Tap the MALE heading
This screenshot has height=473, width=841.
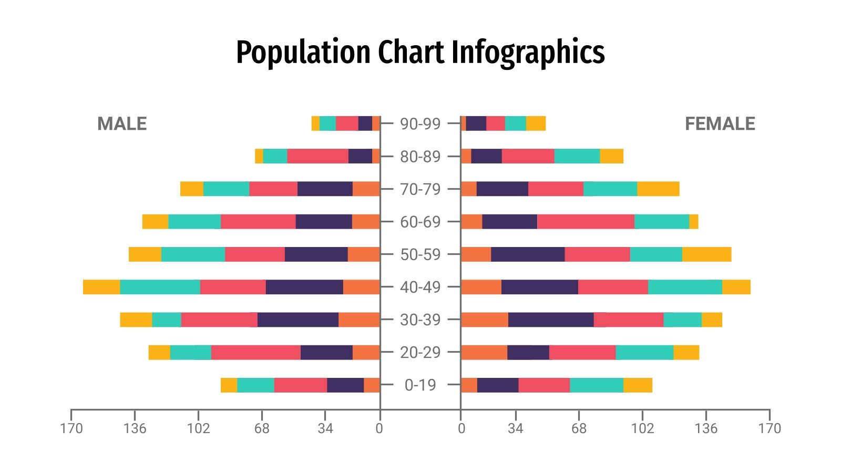click(x=122, y=124)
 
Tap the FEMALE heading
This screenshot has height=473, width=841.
click(x=720, y=124)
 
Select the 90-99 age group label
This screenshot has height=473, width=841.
click(x=420, y=124)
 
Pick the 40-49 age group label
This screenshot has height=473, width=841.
click(x=420, y=287)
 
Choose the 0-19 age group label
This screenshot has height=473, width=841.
click(x=420, y=385)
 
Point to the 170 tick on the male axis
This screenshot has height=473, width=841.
click(x=71, y=428)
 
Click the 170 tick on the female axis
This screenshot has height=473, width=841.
click(x=770, y=428)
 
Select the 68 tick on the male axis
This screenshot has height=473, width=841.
click(x=262, y=428)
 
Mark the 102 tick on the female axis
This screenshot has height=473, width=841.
click(x=642, y=428)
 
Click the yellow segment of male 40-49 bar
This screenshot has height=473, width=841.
click(x=101, y=287)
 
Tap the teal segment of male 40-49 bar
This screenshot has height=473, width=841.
click(x=160, y=287)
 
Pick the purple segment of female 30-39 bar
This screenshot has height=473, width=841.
click(x=550, y=320)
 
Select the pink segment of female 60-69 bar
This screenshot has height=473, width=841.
click(x=586, y=222)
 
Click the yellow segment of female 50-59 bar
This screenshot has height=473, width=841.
click(x=706, y=254)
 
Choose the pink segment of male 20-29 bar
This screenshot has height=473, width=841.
click(x=255, y=352)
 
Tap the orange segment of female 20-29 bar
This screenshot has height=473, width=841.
click(x=484, y=352)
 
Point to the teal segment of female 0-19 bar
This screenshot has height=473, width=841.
click(x=596, y=385)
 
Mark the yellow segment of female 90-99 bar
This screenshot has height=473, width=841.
click(x=536, y=124)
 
